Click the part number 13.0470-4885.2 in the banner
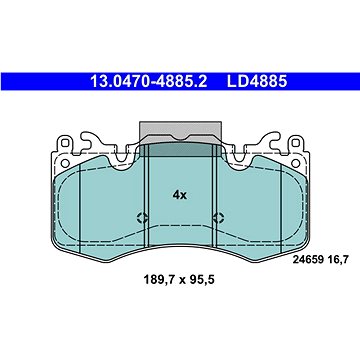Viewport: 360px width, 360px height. tap(149, 81)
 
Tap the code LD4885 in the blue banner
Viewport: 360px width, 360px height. tap(257, 81)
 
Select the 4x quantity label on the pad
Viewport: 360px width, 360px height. tap(180, 195)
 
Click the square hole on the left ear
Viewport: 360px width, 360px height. tap(65, 143)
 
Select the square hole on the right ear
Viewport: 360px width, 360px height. tap(295, 143)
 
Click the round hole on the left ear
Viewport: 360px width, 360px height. tap(66, 163)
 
